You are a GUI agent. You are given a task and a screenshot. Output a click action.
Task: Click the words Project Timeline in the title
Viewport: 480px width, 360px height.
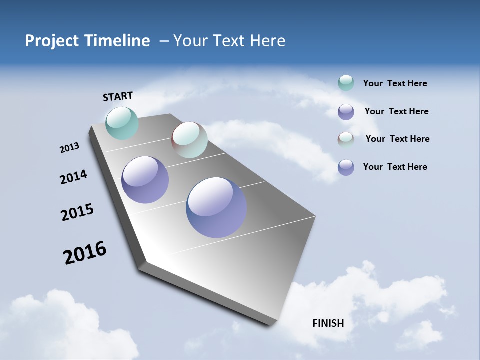[x=87, y=41]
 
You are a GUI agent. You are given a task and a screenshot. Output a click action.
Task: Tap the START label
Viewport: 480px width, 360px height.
[x=118, y=96]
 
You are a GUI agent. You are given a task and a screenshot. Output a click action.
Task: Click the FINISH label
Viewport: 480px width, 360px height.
[x=328, y=323]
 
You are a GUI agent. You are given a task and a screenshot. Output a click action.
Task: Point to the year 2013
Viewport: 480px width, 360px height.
[x=70, y=148]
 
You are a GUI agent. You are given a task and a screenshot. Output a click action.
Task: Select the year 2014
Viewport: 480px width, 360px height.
[x=73, y=177]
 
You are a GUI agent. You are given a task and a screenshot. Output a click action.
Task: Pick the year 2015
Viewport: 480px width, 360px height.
[x=77, y=212]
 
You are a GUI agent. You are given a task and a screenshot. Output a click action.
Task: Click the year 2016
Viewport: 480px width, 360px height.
[x=85, y=252]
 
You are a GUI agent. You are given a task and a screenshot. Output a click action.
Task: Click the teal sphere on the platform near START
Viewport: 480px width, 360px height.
[x=122, y=123]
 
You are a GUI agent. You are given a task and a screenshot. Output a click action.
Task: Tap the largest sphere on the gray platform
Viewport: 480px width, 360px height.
[x=216, y=207]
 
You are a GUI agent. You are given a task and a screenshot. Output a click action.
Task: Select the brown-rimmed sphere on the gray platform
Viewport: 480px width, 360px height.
[x=189, y=140]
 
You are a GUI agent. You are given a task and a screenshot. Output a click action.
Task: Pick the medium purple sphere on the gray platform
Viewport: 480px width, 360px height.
[x=145, y=180]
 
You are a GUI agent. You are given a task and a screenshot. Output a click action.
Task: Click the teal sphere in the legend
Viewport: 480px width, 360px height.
[x=346, y=83]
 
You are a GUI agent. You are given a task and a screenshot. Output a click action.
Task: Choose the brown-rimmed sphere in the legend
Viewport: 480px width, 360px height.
[x=346, y=139]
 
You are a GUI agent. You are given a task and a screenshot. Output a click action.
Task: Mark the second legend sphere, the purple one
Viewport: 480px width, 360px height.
[x=346, y=112]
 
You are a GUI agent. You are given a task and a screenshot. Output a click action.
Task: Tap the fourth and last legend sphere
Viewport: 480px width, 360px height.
[x=346, y=167]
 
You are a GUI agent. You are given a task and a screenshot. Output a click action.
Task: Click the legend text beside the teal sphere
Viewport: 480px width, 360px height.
[x=395, y=83]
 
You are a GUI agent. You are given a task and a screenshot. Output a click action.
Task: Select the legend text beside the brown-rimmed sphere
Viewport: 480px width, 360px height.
[x=397, y=139]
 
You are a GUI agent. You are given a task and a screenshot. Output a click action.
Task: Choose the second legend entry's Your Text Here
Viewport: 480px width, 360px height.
[x=396, y=111]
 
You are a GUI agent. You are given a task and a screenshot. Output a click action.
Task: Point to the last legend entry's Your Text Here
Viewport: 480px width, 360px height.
[x=395, y=167]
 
